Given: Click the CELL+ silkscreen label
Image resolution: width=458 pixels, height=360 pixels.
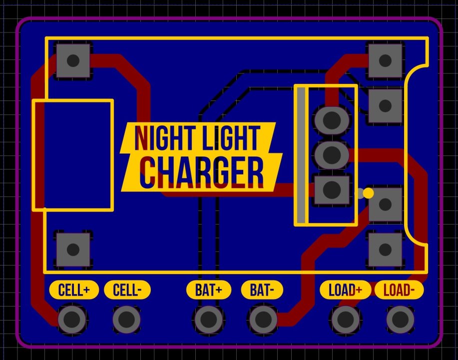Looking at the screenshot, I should coord(74,290).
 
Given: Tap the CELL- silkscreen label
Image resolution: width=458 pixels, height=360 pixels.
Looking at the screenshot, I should coord(127,290).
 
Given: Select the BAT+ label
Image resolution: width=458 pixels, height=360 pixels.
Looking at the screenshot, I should coord(209,290).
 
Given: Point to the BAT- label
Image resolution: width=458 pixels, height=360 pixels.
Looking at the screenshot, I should coord(262,290).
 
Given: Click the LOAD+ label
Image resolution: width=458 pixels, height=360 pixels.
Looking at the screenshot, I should coord(345,290).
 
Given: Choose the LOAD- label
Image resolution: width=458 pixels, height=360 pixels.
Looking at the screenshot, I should coord(399,290).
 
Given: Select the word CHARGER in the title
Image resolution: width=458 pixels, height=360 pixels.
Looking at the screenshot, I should coord(202,172).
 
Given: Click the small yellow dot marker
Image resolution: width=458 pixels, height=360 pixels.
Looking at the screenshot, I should coord(368,193).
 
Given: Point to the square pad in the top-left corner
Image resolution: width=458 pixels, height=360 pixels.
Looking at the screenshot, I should coord(73,61).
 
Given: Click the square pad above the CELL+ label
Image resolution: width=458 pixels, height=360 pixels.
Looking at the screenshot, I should coord(73,249).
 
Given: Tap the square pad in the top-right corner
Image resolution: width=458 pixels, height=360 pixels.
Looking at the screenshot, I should coord(385,61).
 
